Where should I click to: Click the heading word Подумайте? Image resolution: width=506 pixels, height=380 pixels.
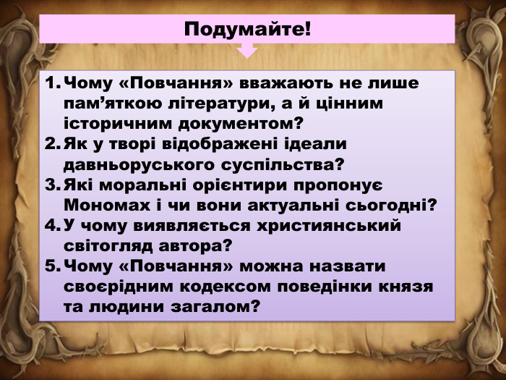(247, 30)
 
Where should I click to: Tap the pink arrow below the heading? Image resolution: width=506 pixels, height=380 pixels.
(247, 50)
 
